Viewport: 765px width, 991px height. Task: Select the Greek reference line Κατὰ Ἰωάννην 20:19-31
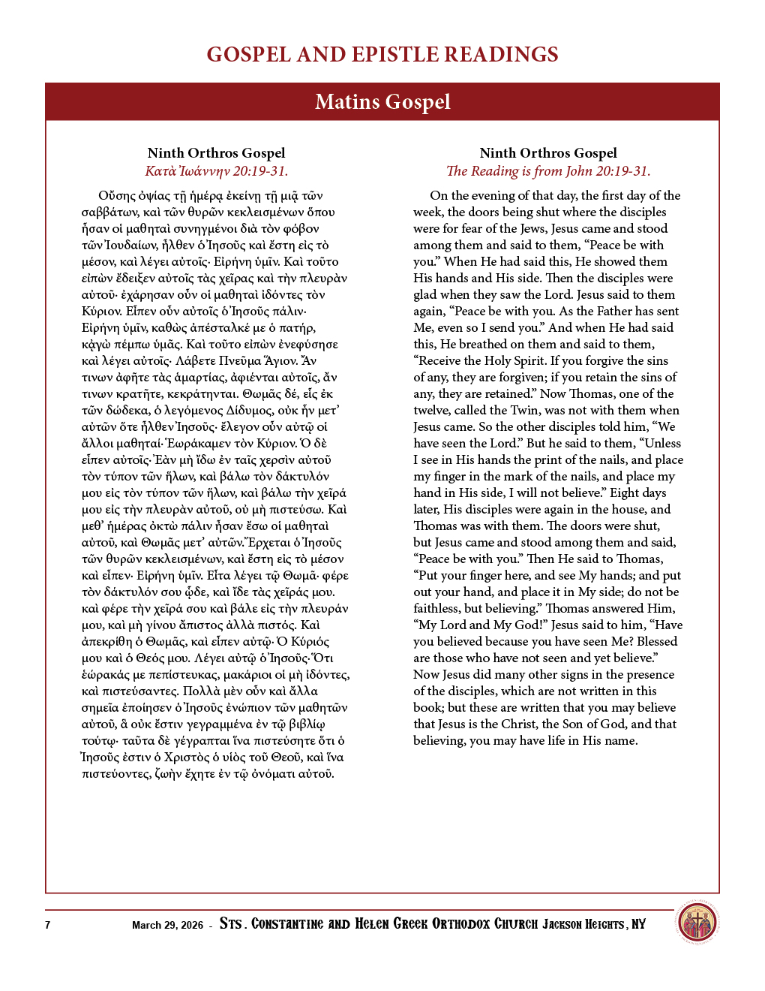[216, 171]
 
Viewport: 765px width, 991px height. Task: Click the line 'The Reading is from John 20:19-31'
[548, 171]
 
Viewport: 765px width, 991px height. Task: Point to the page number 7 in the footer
[47, 925]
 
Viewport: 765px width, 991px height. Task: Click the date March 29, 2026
[167, 925]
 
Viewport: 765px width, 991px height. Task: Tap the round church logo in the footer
[697, 923]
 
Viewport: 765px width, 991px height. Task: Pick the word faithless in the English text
[436, 608]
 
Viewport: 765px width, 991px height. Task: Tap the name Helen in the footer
[372, 924]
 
